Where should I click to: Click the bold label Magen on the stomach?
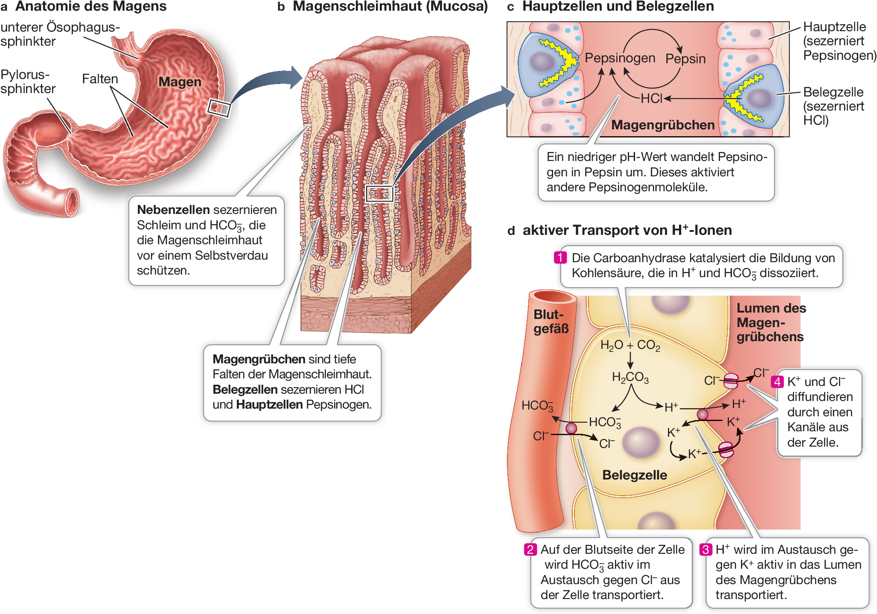pos(180,82)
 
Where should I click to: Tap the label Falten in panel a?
pos(100,79)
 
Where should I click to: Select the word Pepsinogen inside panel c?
pos(620,58)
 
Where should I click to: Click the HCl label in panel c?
pos(651,99)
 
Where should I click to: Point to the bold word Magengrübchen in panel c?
pos(663,125)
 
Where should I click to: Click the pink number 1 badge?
pos(560,257)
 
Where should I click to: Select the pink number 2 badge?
pos(530,550)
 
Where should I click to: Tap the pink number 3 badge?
pos(705,550)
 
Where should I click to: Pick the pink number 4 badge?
pos(777,382)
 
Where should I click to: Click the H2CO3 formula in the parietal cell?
pos(630,377)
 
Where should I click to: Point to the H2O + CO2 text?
pos(630,345)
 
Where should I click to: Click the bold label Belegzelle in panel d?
pos(634,475)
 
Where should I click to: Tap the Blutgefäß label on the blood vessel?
pos(551,322)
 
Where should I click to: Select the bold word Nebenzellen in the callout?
pos(173,210)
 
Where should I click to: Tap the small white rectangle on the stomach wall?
pos(219,108)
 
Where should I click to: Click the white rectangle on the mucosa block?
pos(379,193)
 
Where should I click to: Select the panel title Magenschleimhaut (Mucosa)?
pos(390,6)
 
